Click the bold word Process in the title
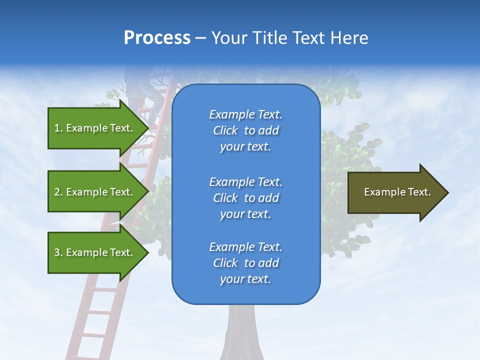[x=157, y=38]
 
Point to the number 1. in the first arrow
[x=58, y=128]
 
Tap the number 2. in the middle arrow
[x=58, y=192]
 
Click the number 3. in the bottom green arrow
[x=58, y=252]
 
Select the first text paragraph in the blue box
[x=245, y=130]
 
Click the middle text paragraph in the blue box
[x=245, y=198]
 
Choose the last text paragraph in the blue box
[x=245, y=263]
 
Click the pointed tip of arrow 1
[x=147, y=128]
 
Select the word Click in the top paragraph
[x=225, y=130]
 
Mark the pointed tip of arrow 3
[x=147, y=253]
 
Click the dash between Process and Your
[x=200, y=38]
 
